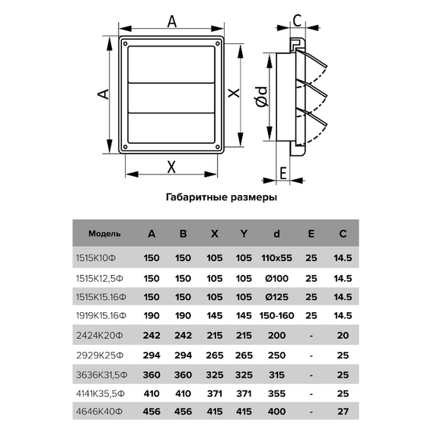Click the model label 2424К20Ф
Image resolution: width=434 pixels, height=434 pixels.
(100, 336)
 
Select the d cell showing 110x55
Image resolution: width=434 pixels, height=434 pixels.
(276, 258)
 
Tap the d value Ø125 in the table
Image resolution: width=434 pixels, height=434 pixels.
(276, 297)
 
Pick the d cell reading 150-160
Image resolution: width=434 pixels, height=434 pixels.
(276, 315)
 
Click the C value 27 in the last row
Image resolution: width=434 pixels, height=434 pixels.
(343, 412)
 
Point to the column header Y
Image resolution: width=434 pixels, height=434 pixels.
(244, 234)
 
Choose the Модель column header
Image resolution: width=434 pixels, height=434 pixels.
(104, 234)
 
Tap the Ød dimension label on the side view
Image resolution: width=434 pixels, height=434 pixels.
(262, 97)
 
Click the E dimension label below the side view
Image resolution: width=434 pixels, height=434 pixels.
(283, 174)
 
